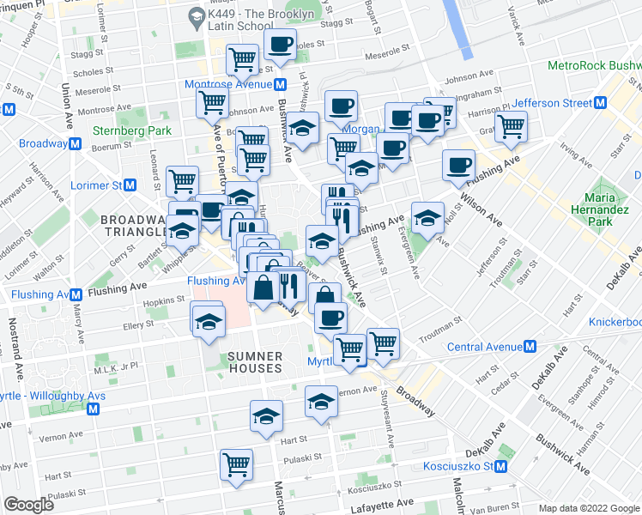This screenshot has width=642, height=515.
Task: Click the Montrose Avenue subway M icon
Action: (x=280, y=84)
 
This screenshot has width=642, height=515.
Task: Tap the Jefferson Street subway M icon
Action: (x=601, y=103)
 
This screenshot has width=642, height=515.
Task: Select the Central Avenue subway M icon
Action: (x=530, y=347)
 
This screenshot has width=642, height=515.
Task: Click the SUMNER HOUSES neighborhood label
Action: (x=255, y=361)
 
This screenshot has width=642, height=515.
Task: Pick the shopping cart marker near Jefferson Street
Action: (x=511, y=127)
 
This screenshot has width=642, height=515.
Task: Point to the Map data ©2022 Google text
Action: (x=589, y=508)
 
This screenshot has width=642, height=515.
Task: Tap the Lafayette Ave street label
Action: (x=384, y=501)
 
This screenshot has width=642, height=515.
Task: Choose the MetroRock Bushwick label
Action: (x=595, y=65)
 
